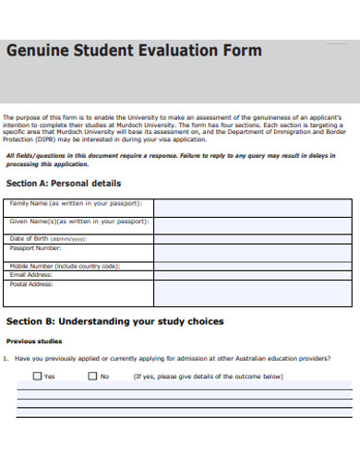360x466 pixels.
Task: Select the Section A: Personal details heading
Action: [64, 184]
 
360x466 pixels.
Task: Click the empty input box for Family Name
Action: [252, 207]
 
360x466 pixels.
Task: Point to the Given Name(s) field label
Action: [79, 221]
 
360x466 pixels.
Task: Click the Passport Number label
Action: [35, 248]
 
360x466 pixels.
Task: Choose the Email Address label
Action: [31, 275]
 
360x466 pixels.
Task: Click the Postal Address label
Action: [31, 284]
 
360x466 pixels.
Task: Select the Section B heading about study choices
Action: [114, 322]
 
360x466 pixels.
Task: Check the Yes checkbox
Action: [38, 376]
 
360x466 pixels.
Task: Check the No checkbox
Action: [92, 376]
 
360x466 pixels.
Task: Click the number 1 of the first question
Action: [6, 358]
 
